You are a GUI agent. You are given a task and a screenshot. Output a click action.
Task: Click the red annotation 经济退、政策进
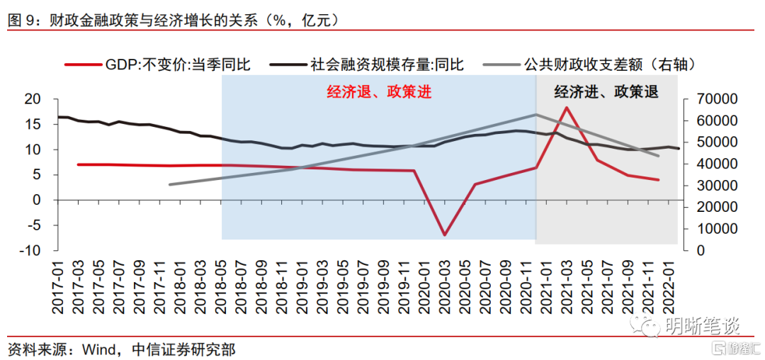click(x=379, y=92)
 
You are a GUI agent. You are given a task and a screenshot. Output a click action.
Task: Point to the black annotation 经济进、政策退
click(x=606, y=92)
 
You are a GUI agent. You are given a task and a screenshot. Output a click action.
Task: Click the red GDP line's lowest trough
click(x=445, y=235)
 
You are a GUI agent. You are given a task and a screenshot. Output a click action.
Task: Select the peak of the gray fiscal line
click(x=536, y=114)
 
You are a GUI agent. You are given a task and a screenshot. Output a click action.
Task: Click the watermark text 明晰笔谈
click(x=701, y=326)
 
